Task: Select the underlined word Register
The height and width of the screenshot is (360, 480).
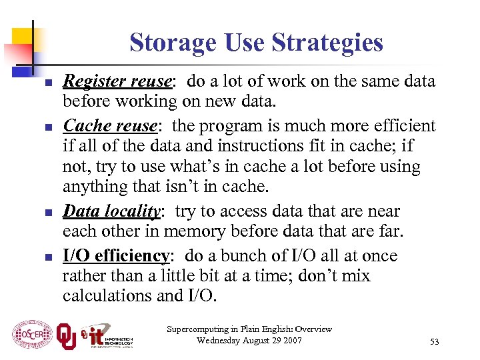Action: (94, 82)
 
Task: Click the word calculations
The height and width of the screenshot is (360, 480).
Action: (104, 295)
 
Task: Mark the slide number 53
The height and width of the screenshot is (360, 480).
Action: (435, 342)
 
